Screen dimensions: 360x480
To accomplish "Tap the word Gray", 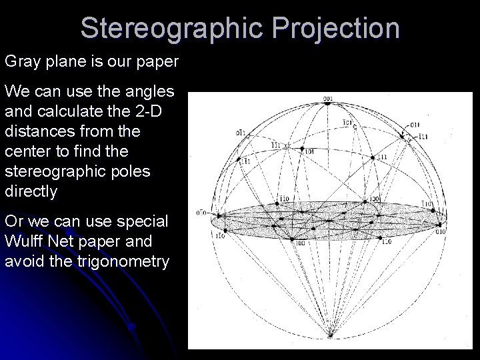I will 22,62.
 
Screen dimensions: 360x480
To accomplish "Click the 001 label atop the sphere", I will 327,99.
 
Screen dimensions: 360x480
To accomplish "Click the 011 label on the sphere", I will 415,125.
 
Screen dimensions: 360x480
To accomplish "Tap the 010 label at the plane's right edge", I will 441,232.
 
